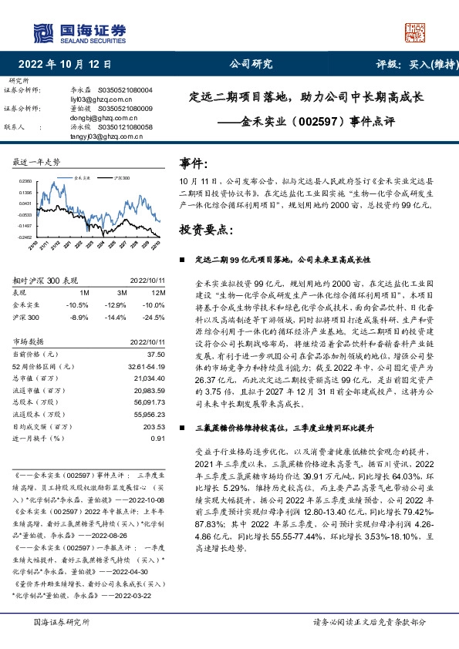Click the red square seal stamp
pyautogui.click(x=416, y=32)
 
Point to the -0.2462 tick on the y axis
pyautogui.click(x=25, y=237)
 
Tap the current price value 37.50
pyautogui.click(x=157, y=352)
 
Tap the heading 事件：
pyautogui.click(x=194, y=163)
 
